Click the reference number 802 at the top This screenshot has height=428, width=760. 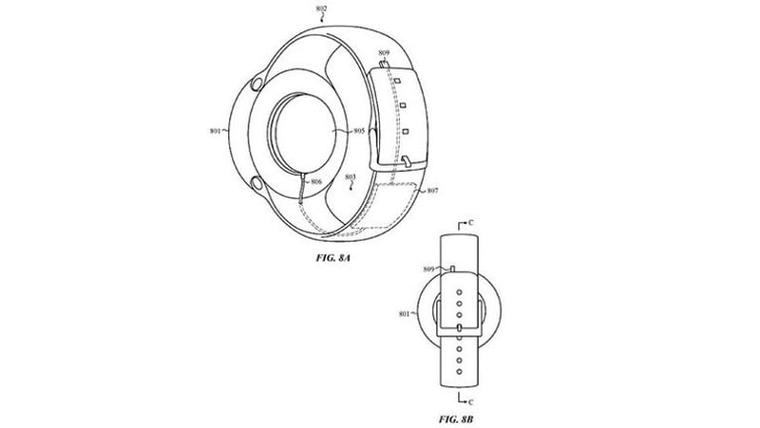(321, 9)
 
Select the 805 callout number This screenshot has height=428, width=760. (359, 130)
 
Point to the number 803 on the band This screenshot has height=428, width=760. (351, 177)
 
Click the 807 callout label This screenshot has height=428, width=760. (432, 193)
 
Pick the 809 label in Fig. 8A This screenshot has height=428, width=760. (384, 53)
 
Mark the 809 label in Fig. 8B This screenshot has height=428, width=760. (428, 271)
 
